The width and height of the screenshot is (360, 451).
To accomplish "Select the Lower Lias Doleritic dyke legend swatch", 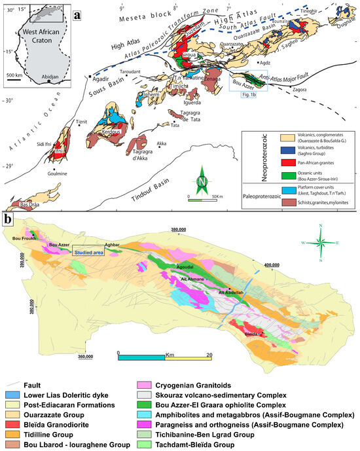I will pos(13,397).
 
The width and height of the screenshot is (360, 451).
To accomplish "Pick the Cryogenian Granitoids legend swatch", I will pos(144,388).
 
